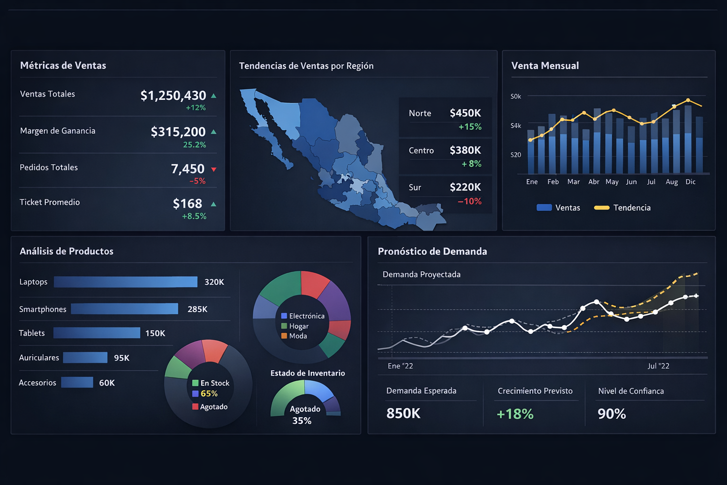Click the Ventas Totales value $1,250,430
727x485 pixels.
[x=173, y=96]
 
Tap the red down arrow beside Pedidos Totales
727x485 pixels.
[x=213, y=170]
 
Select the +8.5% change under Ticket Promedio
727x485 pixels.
[x=194, y=216]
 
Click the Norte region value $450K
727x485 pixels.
[x=465, y=113]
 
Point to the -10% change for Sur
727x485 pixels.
[x=469, y=201]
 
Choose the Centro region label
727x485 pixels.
[x=421, y=151]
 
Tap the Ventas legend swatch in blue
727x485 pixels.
[x=544, y=207]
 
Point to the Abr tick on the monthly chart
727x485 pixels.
[x=594, y=182]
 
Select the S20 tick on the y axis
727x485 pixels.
[x=515, y=155]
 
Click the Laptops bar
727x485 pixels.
[x=125, y=282]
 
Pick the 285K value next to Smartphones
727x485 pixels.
[x=197, y=309]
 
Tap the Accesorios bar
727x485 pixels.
[x=77, y=382]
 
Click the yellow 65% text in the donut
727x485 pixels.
[x=209, y=394]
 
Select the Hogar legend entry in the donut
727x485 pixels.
[x=299, y=326]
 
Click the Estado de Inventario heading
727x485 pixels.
[x=307, y=373]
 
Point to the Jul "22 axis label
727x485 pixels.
[x=658, y=366]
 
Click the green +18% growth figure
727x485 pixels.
[x=515, y=414]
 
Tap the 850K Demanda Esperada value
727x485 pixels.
[x=403, y=413]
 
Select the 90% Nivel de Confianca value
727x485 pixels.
[x=612, y=414]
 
